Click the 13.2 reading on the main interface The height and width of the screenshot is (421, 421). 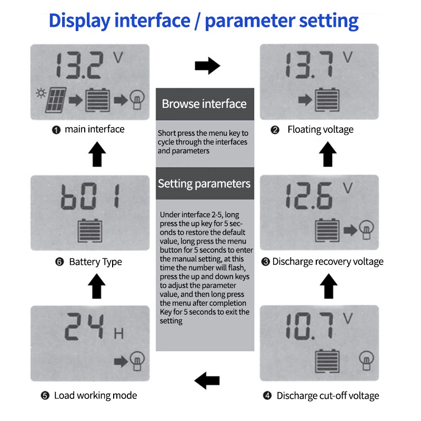point(79,65)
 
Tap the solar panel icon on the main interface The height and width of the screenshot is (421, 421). point(56,100)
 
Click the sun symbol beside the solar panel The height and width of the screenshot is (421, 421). point(41,93)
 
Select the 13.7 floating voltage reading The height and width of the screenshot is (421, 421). point(309,65)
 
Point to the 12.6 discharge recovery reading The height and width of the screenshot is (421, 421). point(309,196)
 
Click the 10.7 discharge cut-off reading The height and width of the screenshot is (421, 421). point(309,326)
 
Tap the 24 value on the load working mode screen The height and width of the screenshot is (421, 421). point(84,326)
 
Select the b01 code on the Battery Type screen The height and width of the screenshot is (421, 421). point(90,196)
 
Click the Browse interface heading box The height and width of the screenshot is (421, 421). point(205,104)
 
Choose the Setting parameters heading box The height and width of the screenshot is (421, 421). point(205,183)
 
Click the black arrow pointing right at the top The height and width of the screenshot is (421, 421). point(207,65)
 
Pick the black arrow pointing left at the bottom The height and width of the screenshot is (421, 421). point(207,380)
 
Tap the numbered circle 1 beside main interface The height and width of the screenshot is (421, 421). point(56,130)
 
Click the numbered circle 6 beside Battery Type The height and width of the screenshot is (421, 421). point(59,262)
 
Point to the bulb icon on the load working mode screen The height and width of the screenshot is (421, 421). point(137,361)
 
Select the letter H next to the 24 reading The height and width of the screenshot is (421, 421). point(119,334)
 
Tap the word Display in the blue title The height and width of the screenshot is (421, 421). point(80,21)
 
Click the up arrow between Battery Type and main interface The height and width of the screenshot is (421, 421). point(97,154)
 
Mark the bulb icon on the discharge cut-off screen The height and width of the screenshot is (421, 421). point(366,360)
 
